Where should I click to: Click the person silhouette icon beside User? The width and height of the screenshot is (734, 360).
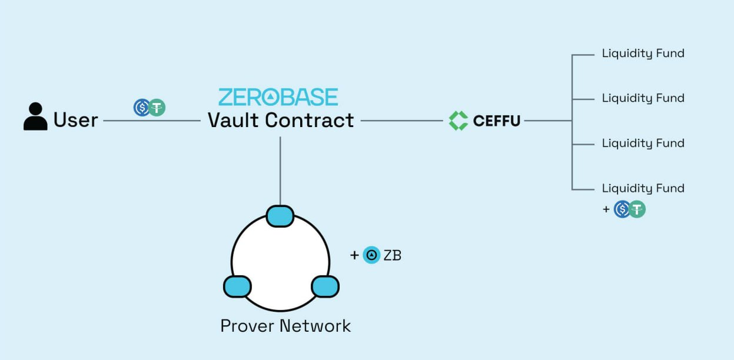(x=35, y=116)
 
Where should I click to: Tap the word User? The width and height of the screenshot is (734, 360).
(x=75, y=120)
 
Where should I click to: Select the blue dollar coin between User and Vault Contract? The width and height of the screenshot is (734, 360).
(x=142, y=108)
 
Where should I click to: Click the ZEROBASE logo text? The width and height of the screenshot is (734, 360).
(x=278, y=97)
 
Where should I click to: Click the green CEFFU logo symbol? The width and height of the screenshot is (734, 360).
(x=458, y=121)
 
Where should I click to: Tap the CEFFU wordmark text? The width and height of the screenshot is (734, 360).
(x=497, y=121)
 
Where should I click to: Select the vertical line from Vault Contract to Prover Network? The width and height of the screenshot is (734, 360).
(x=280, y=171)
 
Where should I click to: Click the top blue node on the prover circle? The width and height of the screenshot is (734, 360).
(x=280, y=216)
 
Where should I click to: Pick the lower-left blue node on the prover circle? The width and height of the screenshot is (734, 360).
(x=237, y=286)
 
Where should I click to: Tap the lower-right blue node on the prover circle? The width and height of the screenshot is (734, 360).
(x=324, y=286)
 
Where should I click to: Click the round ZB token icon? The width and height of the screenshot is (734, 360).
(x=371, y=255)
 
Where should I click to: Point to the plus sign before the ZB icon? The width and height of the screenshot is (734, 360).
(x=354, y=255)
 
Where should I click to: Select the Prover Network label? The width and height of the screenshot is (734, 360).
(x=285, y=325)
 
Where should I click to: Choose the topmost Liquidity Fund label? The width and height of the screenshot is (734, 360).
(x=643, y=54)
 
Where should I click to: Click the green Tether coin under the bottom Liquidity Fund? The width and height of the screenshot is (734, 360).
(x=637, y=209)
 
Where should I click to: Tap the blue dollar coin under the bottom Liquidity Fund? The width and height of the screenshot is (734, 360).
(x=622, y=209)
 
